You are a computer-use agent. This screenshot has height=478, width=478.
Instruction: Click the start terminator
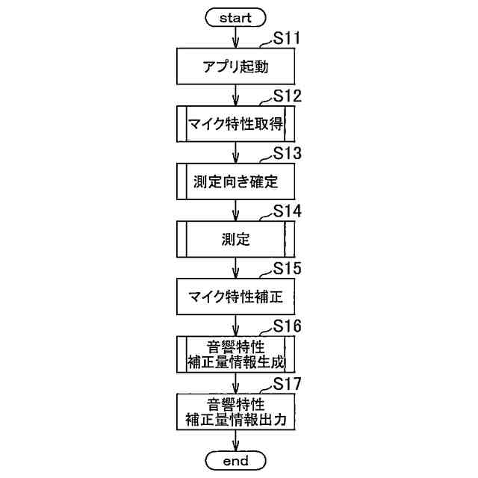point(236,17)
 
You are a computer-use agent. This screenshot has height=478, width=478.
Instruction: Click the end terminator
point(236,461)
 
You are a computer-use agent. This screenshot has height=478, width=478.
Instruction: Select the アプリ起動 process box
point(236,67)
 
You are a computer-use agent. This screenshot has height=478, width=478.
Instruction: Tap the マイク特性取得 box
point(236,124)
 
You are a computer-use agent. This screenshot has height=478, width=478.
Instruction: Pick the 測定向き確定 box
point(236,181)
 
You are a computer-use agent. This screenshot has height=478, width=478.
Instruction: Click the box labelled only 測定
point(236,239)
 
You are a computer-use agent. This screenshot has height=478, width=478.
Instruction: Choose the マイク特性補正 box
point(236,297)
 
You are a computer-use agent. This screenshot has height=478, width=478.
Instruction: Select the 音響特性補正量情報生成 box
point(236,354)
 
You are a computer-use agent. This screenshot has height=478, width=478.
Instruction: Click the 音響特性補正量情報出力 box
point(236,412)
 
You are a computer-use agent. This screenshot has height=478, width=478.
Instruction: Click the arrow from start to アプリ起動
point(236,37)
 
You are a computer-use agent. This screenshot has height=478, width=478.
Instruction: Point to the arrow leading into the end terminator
point(236,441)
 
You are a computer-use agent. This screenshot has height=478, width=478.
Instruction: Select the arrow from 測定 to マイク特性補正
point(236,267)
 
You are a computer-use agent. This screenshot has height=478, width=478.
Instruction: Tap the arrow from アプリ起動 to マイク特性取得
point(236,95)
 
